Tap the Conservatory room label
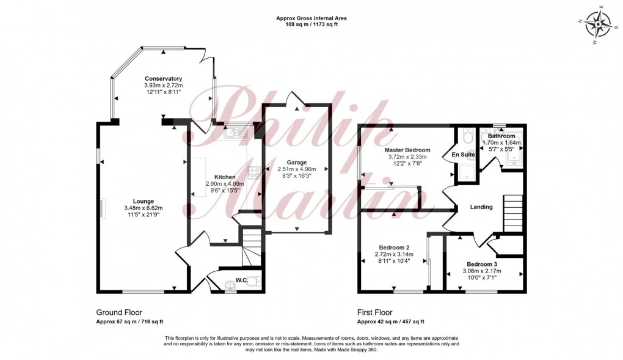pyautogui.click(x=164, y=78)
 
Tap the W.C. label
pyautogui.click(x=241, y=281)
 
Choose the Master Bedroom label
pyautogui.click(x=407, y=150)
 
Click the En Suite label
pyautogui.click(x=464, y=155)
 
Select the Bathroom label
pyautogui.click(x=501, y=136)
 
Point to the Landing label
pyautogui.click(x=481, y=207)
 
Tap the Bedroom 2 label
pyautogui.click(x=394, y=247)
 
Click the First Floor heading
pyautogui.click(x=375, y=312)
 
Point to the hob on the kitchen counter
pyautogui.click(x=254, y=173)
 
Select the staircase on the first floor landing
pyautogui.click(x=512, y=211)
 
